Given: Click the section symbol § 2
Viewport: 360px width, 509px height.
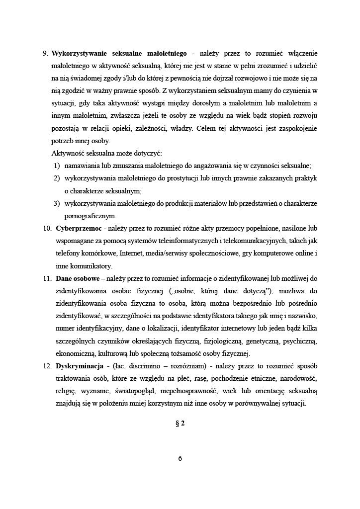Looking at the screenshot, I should coord(180,424).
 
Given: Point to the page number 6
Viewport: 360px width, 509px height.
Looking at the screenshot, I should coord(180,459).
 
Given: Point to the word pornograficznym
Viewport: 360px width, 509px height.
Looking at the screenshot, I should coord(90,216).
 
